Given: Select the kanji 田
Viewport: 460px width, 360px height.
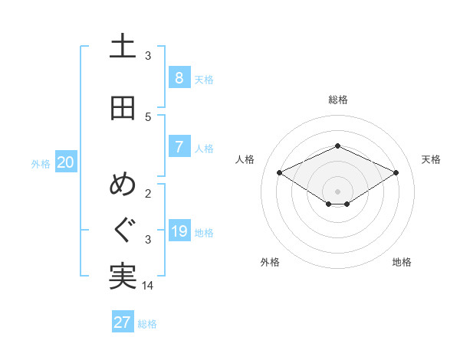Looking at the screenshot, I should coord(123,108).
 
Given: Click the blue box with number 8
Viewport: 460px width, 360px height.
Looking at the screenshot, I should coord(179,78).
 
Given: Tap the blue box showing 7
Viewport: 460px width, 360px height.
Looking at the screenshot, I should coord(179,147).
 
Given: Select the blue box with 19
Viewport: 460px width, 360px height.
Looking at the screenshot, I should coord(179,231).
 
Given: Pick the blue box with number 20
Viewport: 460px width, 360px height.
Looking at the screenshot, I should coord(66,162).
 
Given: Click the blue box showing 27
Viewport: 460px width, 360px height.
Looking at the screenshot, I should coord(123,322).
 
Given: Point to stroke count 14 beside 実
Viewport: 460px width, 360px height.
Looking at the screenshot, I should coord(148,285).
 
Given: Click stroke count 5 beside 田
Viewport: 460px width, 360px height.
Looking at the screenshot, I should coord(148,116).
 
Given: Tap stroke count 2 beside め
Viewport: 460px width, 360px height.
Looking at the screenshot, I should coord(148,193).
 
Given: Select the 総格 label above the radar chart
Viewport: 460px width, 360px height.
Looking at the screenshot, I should coord(337,100).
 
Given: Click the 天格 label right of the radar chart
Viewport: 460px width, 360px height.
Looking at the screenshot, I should coord(431,159).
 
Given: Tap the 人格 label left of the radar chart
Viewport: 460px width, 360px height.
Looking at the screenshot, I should coord(245,159).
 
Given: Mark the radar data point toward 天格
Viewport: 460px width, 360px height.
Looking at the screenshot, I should coord(396,172).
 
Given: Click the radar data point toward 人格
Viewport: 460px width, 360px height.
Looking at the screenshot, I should coord(279,172).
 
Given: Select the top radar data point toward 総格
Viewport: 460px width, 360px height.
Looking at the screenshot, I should coord(337,146).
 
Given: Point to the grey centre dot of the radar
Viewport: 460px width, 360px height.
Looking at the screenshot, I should coord(337,190).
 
